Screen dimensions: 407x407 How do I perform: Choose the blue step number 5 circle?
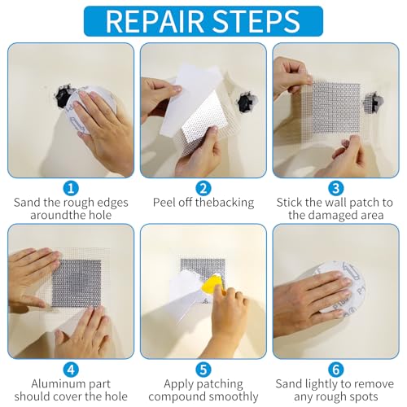[x=203, y=367]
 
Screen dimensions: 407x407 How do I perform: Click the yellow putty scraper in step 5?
[x=212, y=286]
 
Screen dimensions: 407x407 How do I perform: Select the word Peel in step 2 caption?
[x=165, y=201]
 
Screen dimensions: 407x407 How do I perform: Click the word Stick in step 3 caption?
[x=291, y=201]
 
